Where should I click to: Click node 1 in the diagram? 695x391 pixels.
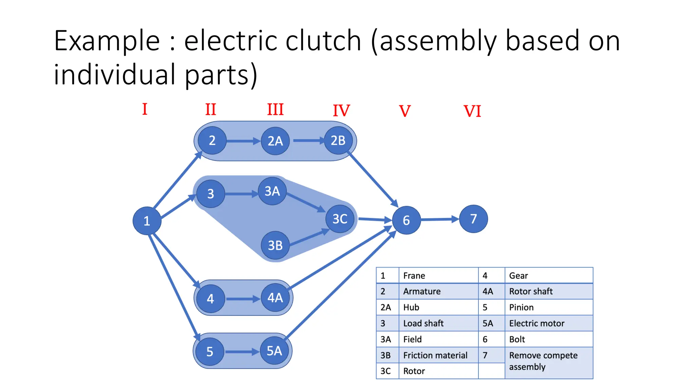pyautogui.click(x=147, y=221)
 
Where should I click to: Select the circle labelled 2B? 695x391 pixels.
pyautogui.click(x=338, y=140)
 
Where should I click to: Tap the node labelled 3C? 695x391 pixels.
pyautogui.click(x=340, y=219)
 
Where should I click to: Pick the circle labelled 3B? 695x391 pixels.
pyautogui.click(x=275, y=245)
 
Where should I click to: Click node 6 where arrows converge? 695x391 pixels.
pyautogui.click(x=406, y=220)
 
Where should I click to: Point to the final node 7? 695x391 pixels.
pyautogui.click(x=473, y=219)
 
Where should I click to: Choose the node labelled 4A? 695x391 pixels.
pyautogui.click(x=275, y=298)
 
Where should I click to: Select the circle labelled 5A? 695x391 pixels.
pyautogui.click(x=274, y=351)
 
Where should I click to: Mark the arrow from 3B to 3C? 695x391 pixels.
pyautogui.click(x=309, y=238)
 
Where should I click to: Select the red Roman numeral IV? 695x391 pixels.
pyautogui.click(x=341, y=111)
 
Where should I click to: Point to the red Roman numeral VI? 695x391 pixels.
pyautogui.click(x=472, y=111)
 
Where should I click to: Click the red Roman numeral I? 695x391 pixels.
pyautogui.click(x=145, y=109)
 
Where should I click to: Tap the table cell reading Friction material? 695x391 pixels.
pyautogui.click(x=435, y=355)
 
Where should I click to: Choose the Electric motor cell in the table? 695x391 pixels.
pyautogui.click(x=537, y=323)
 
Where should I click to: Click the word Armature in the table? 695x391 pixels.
pyautogui.click(x=422, y=291)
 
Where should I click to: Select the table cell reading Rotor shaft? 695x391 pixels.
pyautogui.click(x=531, y=291)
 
